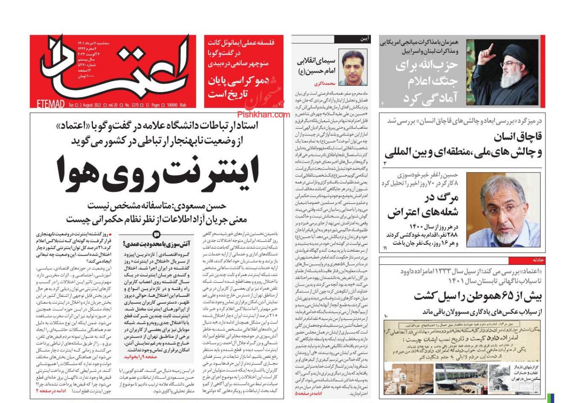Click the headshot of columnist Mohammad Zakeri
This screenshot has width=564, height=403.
[353, 67]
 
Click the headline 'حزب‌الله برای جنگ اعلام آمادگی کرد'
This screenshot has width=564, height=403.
[426, 81]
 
